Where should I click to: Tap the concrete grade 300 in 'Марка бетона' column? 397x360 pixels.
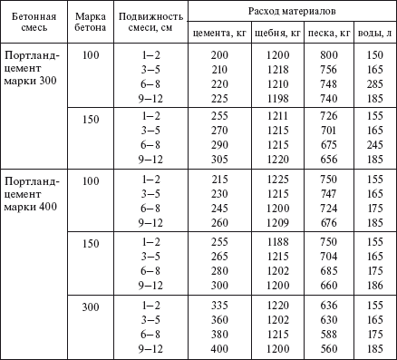90,307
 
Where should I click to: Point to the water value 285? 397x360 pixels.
373,82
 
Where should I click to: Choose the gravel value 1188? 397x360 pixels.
273,245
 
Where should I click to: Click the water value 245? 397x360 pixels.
373,144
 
